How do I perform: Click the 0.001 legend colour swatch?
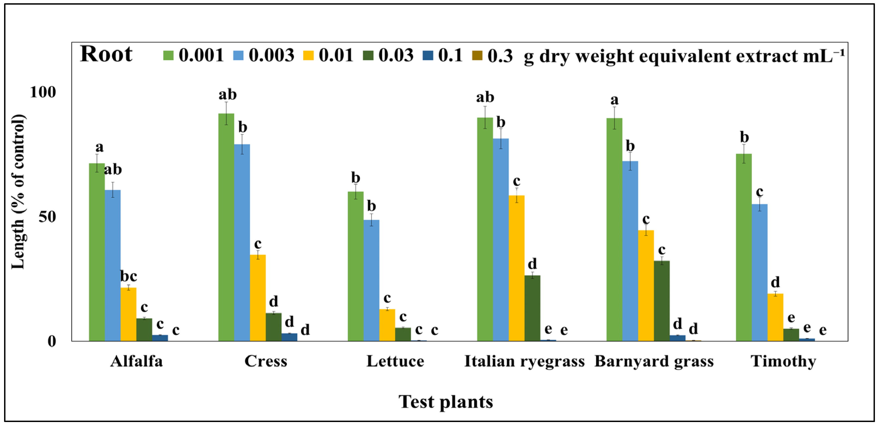pos(168,55)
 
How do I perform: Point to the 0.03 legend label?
pos(396,55)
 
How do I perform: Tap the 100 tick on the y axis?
pos(43,92)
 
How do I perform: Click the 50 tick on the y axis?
pos(47,217)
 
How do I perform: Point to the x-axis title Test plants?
pos(446,402)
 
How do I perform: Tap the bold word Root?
pos(106,54)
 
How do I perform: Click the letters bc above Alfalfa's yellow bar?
pos(129,276)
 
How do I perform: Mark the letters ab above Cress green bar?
pos(227,94)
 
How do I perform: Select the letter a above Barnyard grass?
pos(614,100)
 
